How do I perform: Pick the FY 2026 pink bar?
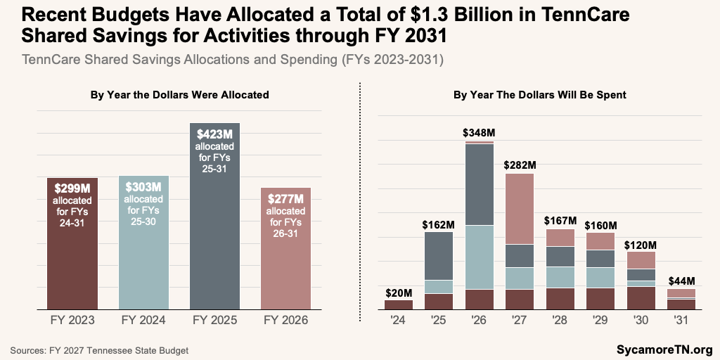285,267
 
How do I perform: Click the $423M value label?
214,134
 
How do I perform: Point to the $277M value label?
285,199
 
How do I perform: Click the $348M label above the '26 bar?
480,132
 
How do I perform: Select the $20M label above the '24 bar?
399,292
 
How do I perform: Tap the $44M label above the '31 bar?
681,281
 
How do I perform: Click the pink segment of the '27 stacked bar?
520,208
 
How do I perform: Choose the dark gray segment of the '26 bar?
480,184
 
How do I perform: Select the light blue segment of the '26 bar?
480,257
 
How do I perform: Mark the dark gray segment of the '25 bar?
439,255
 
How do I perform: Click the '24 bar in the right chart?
399,304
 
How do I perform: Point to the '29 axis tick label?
600,320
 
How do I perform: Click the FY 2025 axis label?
214,320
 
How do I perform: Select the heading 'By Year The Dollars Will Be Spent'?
539,94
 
